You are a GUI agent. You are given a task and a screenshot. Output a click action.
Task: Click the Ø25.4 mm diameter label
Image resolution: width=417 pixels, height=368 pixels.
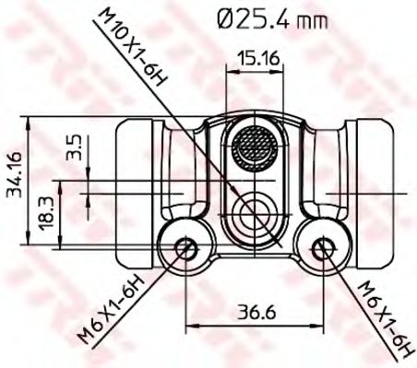[272, 19]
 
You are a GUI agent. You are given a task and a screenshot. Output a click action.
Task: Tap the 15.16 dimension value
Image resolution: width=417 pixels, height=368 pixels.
[259, 58]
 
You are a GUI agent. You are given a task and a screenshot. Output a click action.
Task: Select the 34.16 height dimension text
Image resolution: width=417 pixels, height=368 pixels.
[15, 174]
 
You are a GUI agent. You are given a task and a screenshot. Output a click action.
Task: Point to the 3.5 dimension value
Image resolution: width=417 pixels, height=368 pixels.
[74, 147]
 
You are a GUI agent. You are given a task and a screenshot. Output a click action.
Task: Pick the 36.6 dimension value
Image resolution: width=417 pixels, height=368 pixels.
[256, 312]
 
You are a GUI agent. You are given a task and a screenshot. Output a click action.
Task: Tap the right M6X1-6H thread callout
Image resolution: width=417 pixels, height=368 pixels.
[387, 320]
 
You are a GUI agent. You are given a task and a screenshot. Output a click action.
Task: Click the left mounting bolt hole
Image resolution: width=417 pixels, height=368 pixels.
[186, 248]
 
